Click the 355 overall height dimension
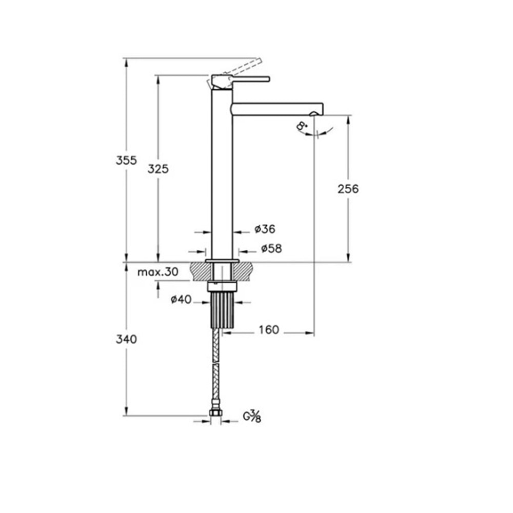[x=126, y=160]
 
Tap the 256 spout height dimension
[x=348, y=189]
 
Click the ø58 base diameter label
[x=271, y=249]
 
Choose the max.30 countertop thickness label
[x=157, y=272]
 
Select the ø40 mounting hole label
[x=181, y=300]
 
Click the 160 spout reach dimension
[x=269, y=330]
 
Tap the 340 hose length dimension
[x=126, y=339]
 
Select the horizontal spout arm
[x=277, y=109]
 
